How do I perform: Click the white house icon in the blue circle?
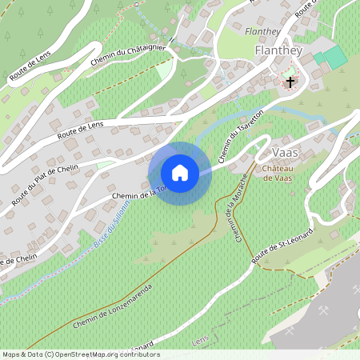coord(180,173)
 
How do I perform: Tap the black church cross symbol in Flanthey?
coord(290,82)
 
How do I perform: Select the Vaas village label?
coord(286,153)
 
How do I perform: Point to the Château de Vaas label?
coord(277,174)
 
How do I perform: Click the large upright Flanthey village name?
coord(276,50)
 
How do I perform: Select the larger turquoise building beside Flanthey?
coord(336,57)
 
